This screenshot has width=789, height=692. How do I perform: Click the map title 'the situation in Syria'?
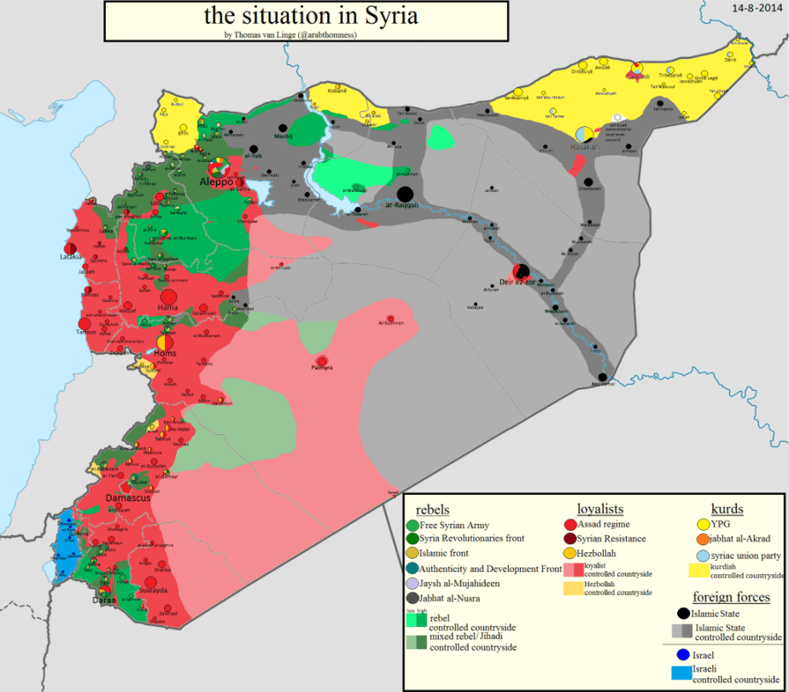pos(311,16)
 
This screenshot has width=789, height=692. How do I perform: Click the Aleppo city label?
pos(215,181)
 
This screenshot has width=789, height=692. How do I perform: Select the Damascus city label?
pos(127,497)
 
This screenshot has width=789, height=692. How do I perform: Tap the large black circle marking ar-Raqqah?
pos(406,195)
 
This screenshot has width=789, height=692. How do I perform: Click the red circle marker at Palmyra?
pos(322,361)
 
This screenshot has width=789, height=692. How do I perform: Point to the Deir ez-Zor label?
pos(518,282)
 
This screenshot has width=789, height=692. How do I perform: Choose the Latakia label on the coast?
pos(71,256)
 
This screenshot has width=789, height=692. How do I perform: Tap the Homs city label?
pos(165,352)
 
